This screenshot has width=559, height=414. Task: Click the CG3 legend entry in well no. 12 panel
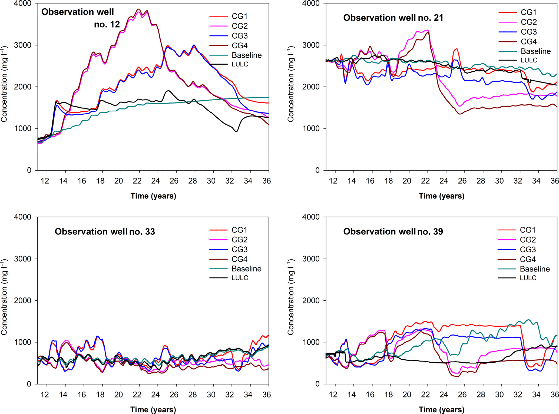click(240, 36)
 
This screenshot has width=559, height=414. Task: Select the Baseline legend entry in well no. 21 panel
click(535, 51)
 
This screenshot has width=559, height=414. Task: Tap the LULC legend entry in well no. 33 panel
click(240, 278)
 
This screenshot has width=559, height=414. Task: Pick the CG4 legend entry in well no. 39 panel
click(527, 259)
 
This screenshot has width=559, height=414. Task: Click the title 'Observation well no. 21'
click(393, 18)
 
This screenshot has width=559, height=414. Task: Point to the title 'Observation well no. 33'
click(105, 231)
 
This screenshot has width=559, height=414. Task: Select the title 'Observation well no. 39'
click(393, 231)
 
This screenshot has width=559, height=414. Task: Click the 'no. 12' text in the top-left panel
click(107, 25)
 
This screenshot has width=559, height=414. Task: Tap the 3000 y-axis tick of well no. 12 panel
click(23, 45)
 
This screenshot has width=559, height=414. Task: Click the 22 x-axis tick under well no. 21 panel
click(425, 181)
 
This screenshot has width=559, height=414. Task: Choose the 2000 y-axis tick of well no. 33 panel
click(23, 300)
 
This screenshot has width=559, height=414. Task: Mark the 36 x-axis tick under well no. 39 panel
click(554, 395)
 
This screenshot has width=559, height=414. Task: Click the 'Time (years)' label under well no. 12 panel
click(153, 196)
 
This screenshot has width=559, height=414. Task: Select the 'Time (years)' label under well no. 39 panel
click(441, 409)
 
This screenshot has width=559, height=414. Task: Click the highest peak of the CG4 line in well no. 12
click(139, 9)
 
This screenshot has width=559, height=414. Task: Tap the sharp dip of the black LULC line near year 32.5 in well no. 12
click(237, 132)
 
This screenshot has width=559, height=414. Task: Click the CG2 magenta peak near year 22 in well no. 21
click(427, 30)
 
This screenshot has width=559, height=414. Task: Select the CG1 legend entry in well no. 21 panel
click(528, 12)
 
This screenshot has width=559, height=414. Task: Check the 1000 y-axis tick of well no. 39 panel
click(311, 342)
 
